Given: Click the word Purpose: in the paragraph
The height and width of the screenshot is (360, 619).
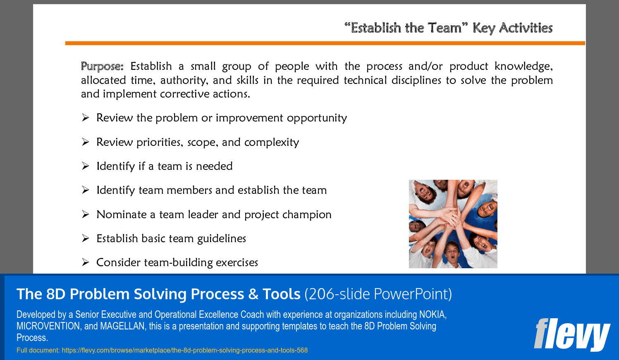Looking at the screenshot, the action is coord(102,67).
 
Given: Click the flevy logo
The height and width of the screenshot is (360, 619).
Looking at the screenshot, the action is coord(572,335).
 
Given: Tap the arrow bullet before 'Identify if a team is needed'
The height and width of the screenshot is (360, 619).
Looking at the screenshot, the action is coord(86,166).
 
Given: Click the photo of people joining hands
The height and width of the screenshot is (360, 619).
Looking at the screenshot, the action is coord(453,224).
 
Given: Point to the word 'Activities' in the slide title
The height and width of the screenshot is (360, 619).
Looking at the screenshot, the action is coord(526,28).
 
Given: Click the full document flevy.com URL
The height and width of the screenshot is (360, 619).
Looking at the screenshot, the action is coord(184,350).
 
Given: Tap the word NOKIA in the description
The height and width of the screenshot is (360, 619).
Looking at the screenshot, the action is coord(433,315).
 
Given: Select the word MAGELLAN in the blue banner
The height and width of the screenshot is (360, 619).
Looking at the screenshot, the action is coord(122,326).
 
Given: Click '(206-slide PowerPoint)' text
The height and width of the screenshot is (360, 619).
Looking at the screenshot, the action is coord(378,294).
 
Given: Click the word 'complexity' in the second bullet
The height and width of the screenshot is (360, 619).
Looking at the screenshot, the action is coord(271,142).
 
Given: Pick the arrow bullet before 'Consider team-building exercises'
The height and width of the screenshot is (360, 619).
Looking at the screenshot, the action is coord(86,262).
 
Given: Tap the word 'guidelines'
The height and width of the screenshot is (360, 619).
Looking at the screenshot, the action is coord(222,239).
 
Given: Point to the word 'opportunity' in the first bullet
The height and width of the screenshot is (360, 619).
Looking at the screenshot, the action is coord(317,118).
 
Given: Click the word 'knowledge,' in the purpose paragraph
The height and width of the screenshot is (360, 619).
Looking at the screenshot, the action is coord(523,67).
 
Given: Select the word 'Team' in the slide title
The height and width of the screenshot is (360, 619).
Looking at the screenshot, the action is coord(445,28).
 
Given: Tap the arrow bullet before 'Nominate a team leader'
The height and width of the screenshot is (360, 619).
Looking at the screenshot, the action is coord(86,215).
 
